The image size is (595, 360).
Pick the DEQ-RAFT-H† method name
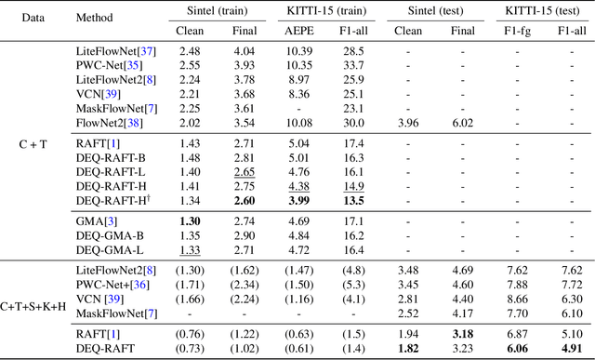coord(113,199)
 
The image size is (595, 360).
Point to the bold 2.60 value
coord(244,199)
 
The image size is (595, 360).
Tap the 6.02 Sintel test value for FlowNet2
coord(462,122)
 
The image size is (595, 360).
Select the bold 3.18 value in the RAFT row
coord(462,332)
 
